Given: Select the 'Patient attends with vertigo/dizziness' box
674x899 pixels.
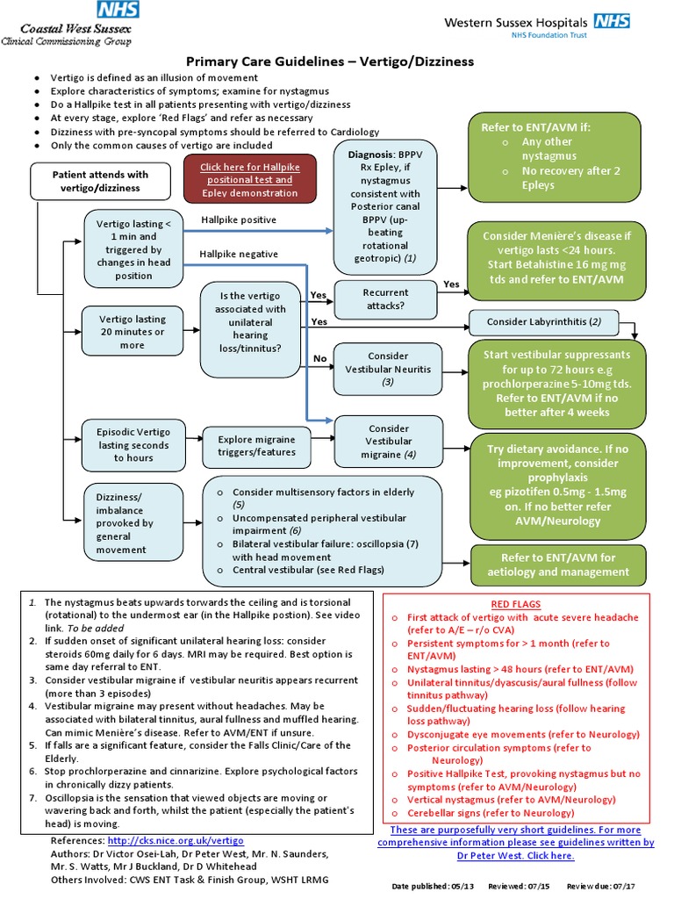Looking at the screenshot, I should coord(100,181).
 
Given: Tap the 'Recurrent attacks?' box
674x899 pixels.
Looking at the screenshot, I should coord(385,298).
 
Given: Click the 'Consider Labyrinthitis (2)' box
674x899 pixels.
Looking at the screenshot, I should coord(544,322).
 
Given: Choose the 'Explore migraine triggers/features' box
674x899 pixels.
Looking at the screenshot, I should coord(257,446).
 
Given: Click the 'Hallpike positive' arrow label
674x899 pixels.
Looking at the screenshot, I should coord(239,219).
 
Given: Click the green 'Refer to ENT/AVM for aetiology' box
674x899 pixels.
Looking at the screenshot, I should coord(558,565).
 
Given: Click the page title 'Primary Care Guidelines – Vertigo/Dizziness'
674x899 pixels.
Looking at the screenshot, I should coord(329,61).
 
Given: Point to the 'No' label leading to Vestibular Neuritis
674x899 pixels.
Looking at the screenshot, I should coord(319,358).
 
